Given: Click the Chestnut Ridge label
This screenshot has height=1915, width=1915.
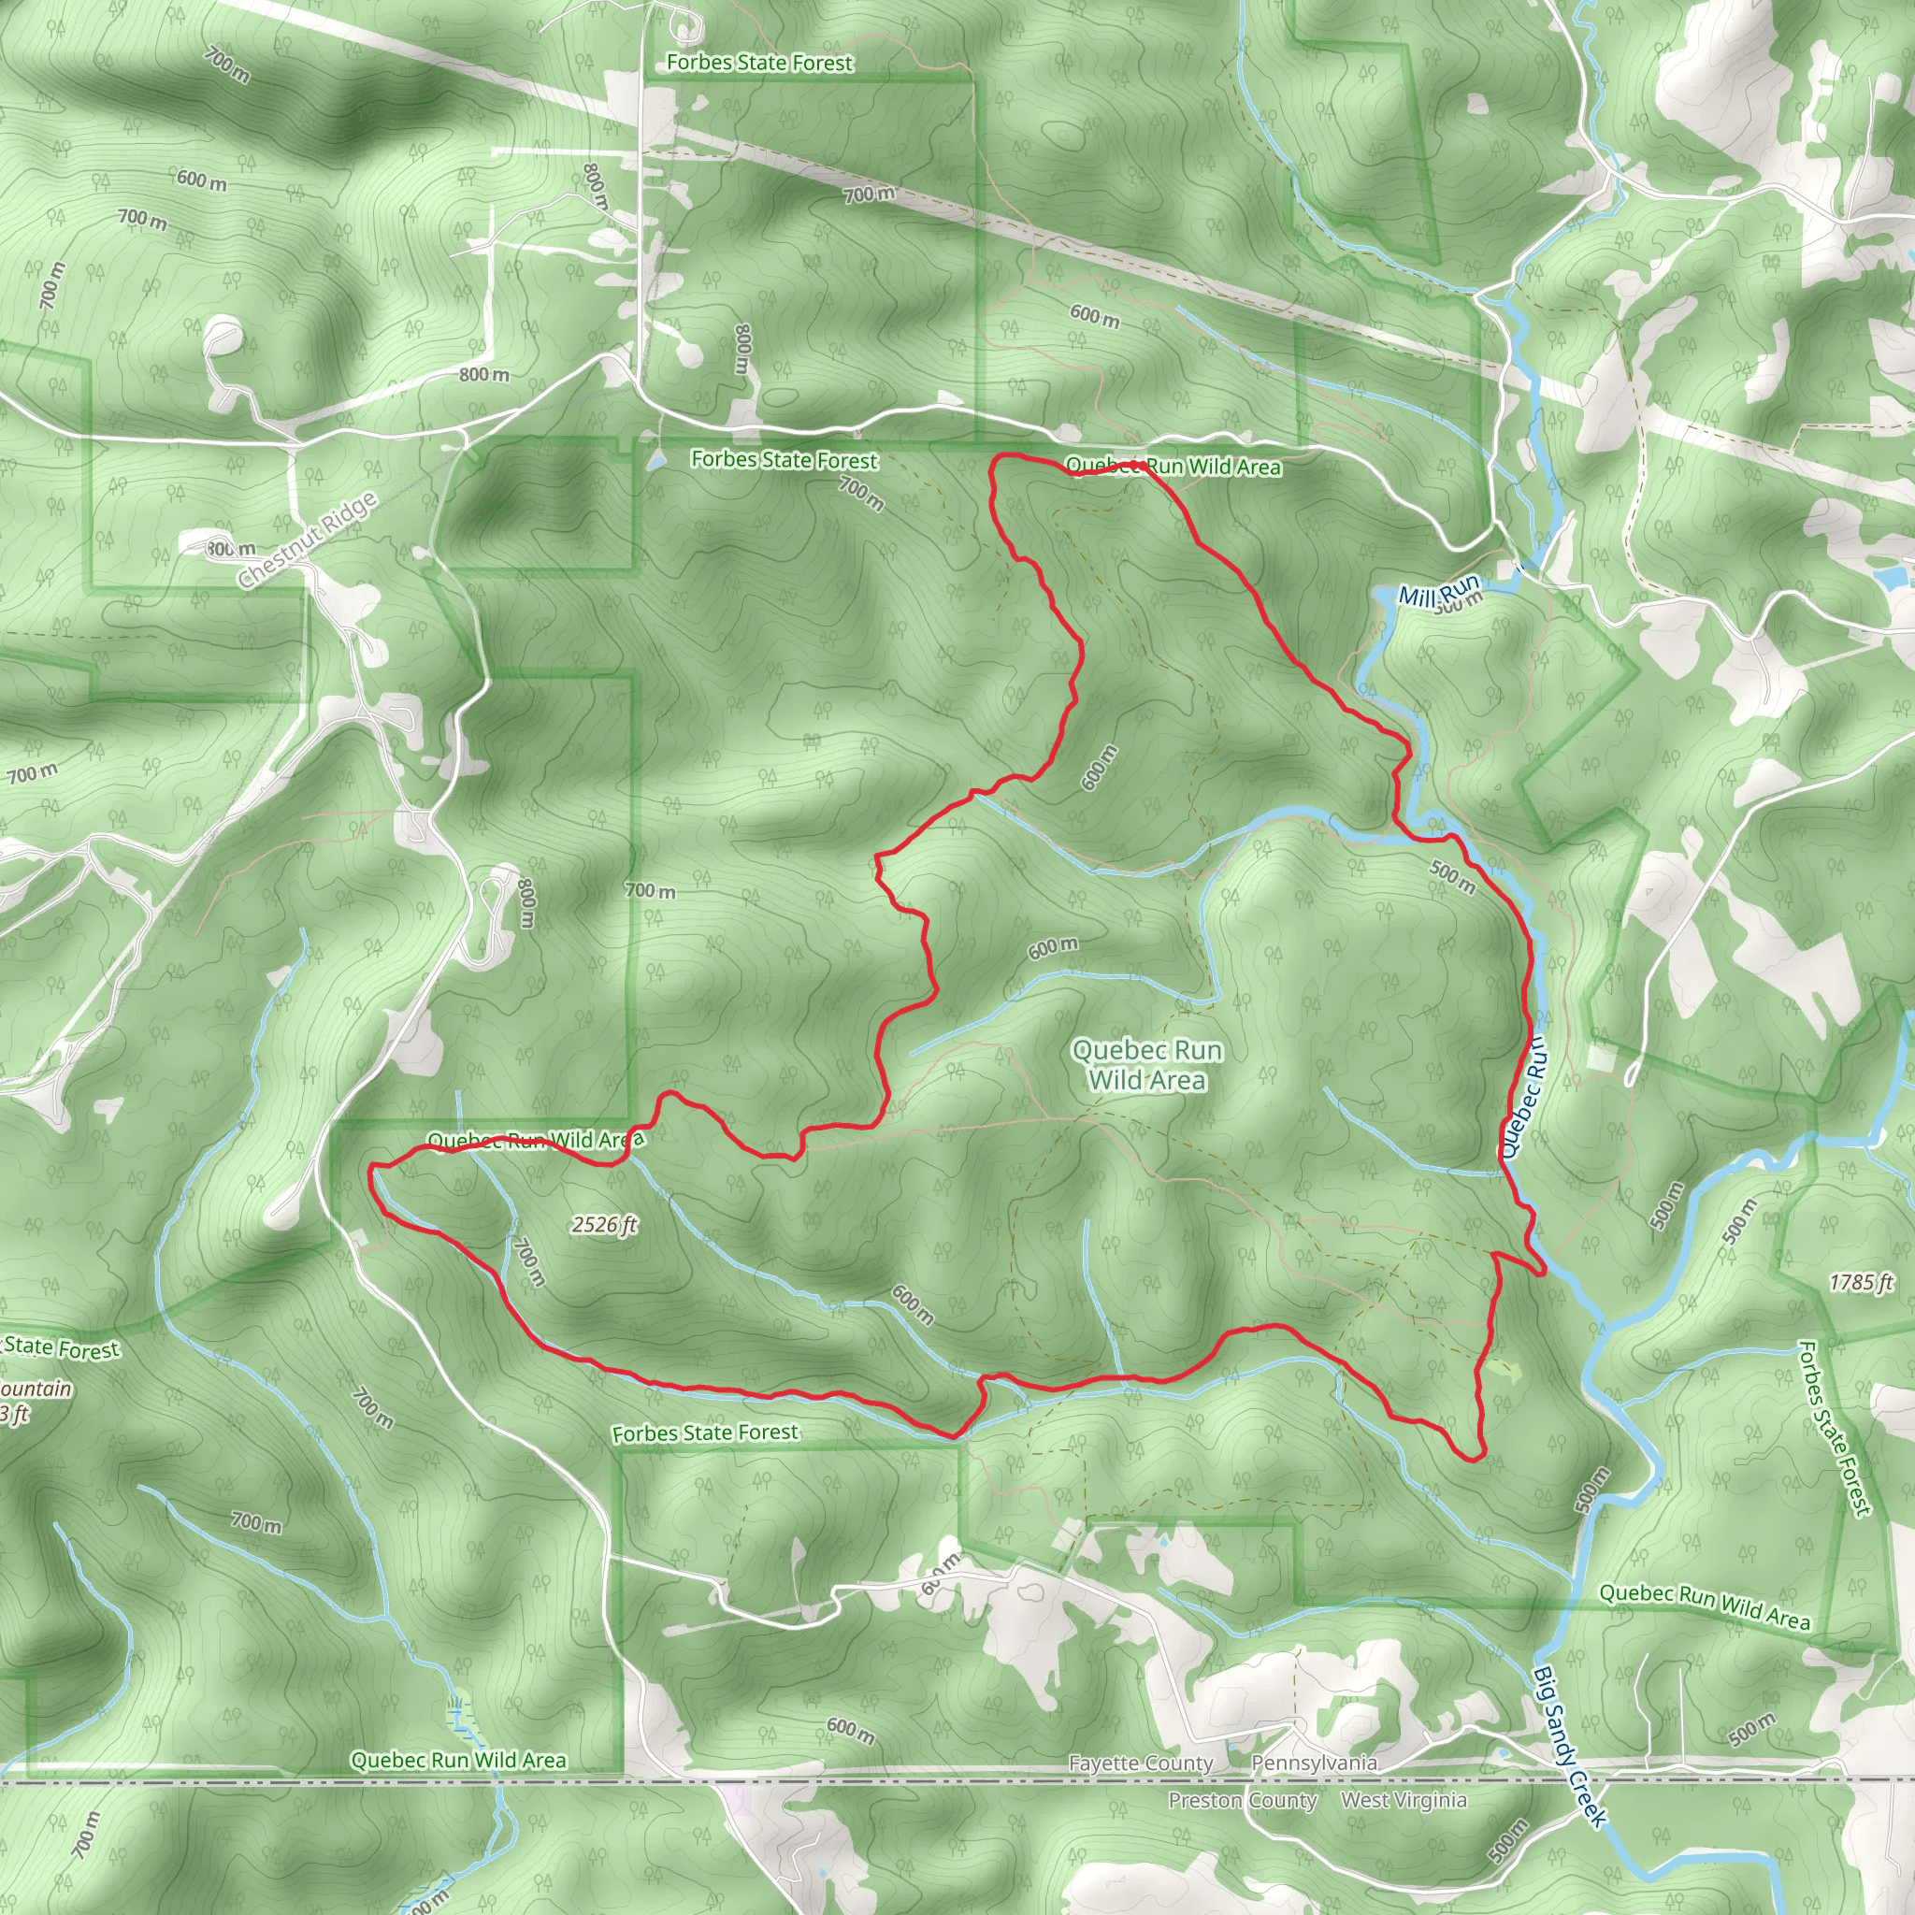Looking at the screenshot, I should click(x=308, y=540).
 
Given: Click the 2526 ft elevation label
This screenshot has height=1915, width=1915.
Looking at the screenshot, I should click(x=604, y=1225).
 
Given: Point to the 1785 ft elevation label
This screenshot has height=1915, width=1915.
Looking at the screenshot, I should click(x=1862, y=1283).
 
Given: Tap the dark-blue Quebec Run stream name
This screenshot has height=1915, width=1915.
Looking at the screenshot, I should click(x=1522, y=1096).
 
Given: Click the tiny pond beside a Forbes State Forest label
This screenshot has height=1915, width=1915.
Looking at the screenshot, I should click(x=655, y=461).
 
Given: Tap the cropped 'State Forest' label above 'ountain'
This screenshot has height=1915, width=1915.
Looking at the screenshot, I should click(x=62, y=1348).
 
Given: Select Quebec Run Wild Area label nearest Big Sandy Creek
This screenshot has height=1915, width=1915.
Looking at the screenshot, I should click(x=1705, y=1605).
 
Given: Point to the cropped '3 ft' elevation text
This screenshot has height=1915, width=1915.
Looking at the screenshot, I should click(x=14, y=1414).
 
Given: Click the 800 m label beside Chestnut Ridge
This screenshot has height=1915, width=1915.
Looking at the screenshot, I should click(x=231, y=548).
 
